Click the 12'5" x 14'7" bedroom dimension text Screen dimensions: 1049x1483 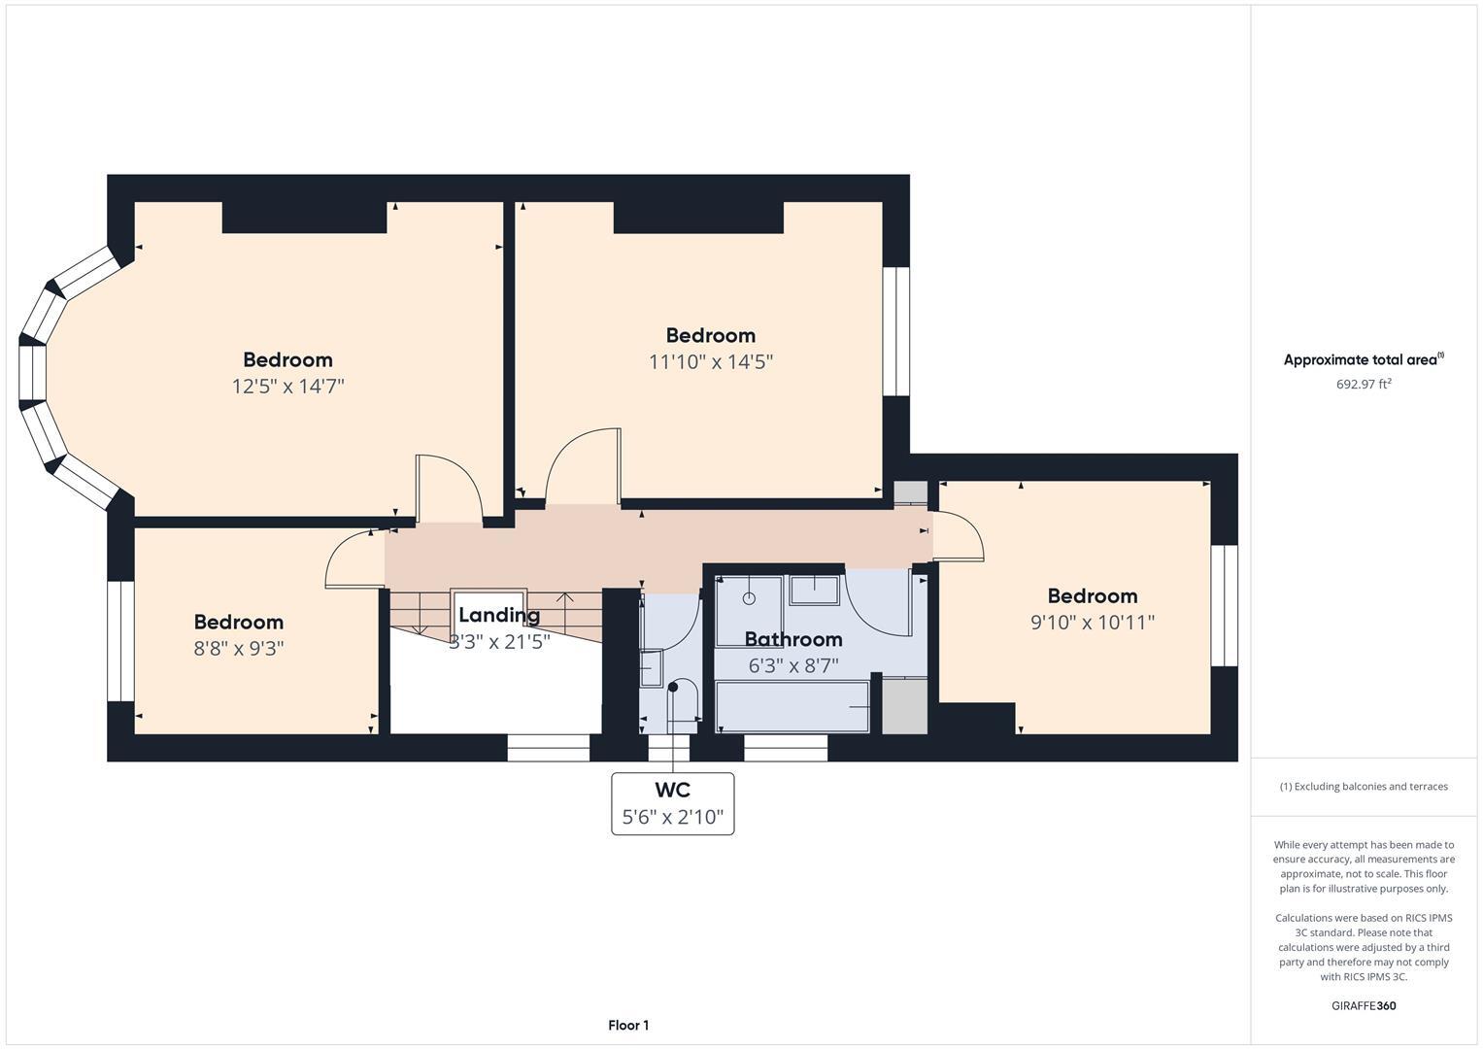tap(287, 387)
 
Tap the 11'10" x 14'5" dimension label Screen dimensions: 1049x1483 tap(710, 362)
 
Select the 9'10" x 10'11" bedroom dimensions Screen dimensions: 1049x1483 tap(1092, 623)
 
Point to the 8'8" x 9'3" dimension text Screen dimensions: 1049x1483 tap(238, 648)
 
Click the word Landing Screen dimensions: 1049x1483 tap(498, 615)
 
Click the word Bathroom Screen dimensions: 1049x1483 tap(792, 639)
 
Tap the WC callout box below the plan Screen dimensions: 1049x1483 tap(672, 803)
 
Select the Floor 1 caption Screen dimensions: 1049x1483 tap(628, 1025)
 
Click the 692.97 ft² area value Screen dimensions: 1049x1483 tap(1363, 384)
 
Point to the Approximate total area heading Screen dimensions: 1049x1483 tap(1363, 359)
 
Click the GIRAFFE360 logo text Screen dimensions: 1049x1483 tap(1363, 1005)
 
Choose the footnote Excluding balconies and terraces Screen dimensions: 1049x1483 tap(1363, 786)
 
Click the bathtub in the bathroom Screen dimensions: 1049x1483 tap(792, 706)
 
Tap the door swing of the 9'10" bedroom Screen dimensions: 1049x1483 tap(958, 537)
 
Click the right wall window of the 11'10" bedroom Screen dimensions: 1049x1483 tap(895, 331)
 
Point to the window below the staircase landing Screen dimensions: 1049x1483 tap(548, 747)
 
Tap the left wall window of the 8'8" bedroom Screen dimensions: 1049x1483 tap(120, 641)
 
